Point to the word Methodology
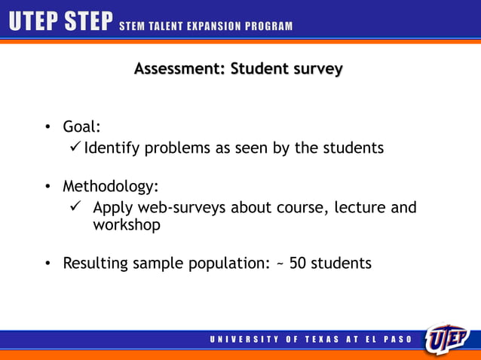click(x=110, y=186)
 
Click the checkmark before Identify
click(x=75, y=147)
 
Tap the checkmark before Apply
click(x=74, y=206)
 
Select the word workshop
click(x=126, y=225)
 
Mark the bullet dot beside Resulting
click(x=47, y=264)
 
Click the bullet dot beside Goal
click(x=47, y=127)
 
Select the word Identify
click(x=112, y=148)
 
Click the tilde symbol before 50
click(x=280, y=264)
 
